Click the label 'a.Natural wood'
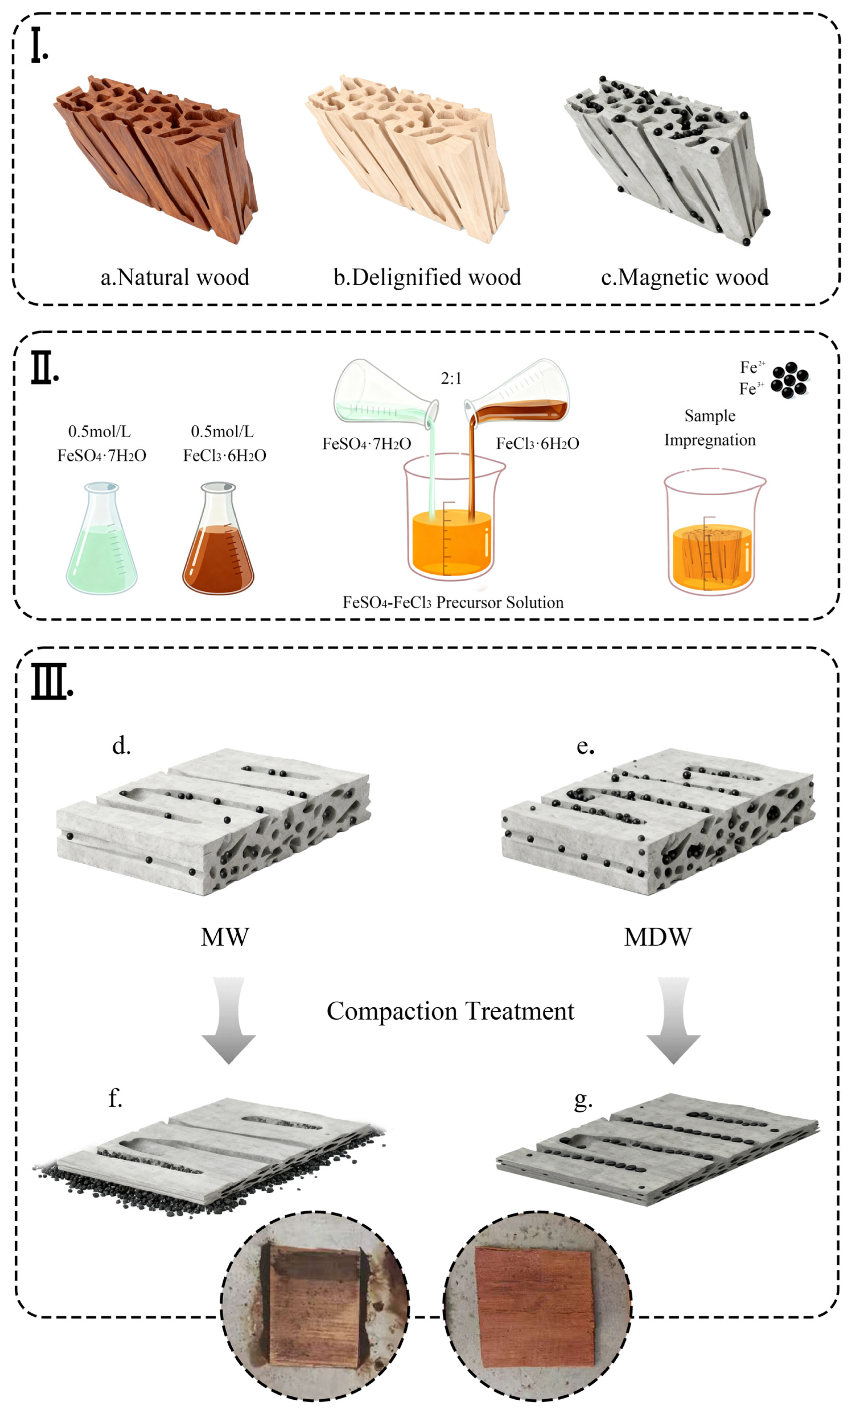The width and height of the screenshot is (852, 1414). click(x=175, y=277)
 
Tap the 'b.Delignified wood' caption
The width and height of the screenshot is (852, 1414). click(x=427, y=277)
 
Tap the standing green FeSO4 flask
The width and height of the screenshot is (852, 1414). click(x=101, y=542)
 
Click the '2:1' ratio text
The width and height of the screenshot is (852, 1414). click(x=451, y=378)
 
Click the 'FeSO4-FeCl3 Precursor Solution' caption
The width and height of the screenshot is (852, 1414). click(x=453, y=602)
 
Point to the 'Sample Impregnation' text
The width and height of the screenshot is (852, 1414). click(x=710, y=428)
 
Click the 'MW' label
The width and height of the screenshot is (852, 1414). click(x=225, y=937)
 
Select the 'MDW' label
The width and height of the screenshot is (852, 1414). click(x=658, y=937)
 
